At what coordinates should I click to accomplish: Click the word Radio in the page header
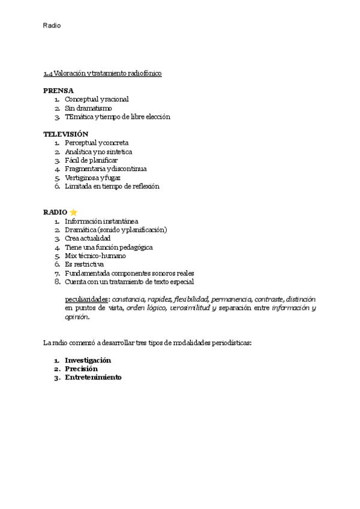(52, 26)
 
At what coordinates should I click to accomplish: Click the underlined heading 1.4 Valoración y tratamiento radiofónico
(102, 73)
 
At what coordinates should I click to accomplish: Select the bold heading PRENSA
(58, 90)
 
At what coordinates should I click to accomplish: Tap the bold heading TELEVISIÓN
(65, 134)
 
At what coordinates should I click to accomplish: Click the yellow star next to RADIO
(74, 212)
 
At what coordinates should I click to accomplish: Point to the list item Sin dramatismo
(88, 108)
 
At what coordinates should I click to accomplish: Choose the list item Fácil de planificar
(91, 160)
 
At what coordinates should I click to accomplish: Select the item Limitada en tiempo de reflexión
(112, 186)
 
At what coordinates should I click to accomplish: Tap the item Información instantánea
(101, 221)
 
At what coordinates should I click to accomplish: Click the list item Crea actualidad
(88, 238)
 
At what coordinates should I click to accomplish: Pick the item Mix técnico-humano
(95, 256)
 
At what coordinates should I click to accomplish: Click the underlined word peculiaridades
(87, 299)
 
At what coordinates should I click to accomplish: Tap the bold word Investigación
(88, 360)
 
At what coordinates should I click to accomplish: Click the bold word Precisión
(81, 369)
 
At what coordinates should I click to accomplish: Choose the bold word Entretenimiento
(93, 378)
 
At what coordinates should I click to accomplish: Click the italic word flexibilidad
(191, 299)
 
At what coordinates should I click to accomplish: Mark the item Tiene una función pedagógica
(109, 247)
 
